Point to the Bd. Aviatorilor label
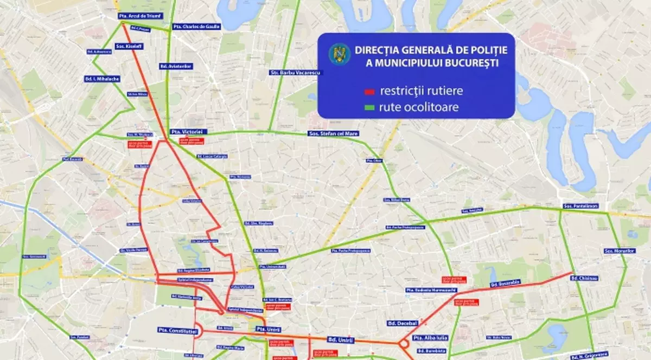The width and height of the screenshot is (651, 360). click(176, 66)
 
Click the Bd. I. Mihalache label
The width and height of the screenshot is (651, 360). click(102, 79)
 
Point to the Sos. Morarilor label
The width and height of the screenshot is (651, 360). click(619, 250)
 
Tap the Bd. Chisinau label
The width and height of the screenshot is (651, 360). click(585, 278)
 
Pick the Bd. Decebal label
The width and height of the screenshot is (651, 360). click(402, 323)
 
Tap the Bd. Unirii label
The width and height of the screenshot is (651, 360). click(341, 340)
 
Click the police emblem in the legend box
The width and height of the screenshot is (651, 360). click(340, 53)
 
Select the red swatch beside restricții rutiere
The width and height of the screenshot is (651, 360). click(370, 91)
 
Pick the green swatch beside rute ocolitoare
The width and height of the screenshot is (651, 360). click(370, 107)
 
